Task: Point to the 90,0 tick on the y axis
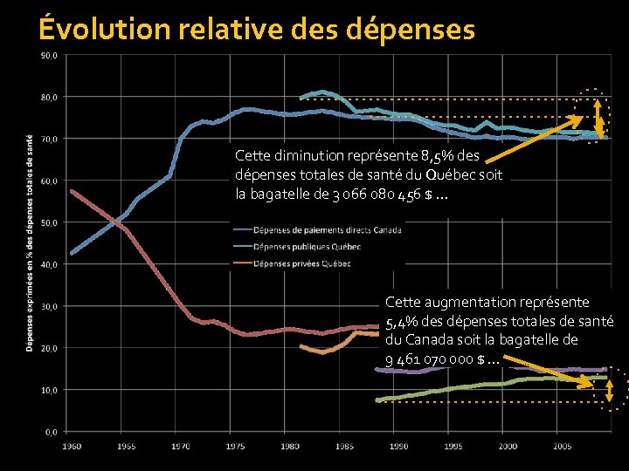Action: [x=49, y=55]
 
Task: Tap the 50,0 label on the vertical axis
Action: [x=49, y=222]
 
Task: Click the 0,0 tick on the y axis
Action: [x=51, y=431]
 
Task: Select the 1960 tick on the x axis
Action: [x=71, y=446]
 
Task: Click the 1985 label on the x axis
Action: [x=344, y=446]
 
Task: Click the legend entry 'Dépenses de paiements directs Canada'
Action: [x=327, y=230]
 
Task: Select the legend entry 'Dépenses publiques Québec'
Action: [x=305, y=247]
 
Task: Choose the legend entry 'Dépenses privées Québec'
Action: [x=301, y=263]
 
